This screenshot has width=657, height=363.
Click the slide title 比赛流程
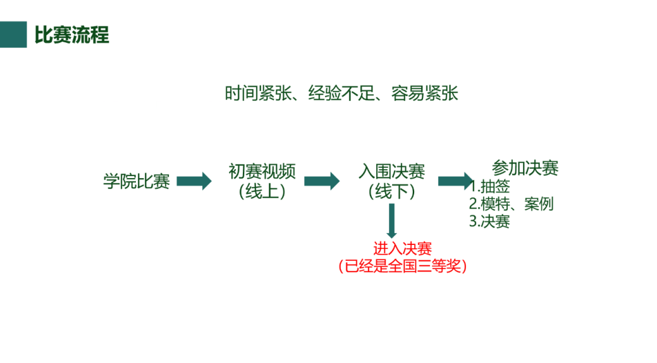(71, 35)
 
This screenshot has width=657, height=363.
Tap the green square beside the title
(13, 35)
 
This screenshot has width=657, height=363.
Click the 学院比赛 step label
(137, 182)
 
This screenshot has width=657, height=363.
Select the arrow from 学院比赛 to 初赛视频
(193, 182)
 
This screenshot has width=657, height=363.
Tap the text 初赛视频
(262, 172)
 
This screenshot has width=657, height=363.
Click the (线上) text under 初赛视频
(262, 191)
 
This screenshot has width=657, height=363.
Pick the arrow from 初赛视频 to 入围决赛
(321, 182)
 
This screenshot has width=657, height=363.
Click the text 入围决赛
(392, 172)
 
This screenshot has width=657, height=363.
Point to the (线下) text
(392, 191)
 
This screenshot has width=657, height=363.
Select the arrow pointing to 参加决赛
(455, 182)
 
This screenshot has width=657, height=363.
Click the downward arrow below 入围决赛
(392, 221)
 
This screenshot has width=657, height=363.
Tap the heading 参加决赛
(525, 169)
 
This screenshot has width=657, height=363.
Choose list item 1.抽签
(490, 187)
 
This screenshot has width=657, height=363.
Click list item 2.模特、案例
(511, 204)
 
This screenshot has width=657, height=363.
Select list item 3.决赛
(489, 222)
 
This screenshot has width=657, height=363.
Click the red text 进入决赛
(403, 249)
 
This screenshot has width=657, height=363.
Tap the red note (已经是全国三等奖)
(403, 266)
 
